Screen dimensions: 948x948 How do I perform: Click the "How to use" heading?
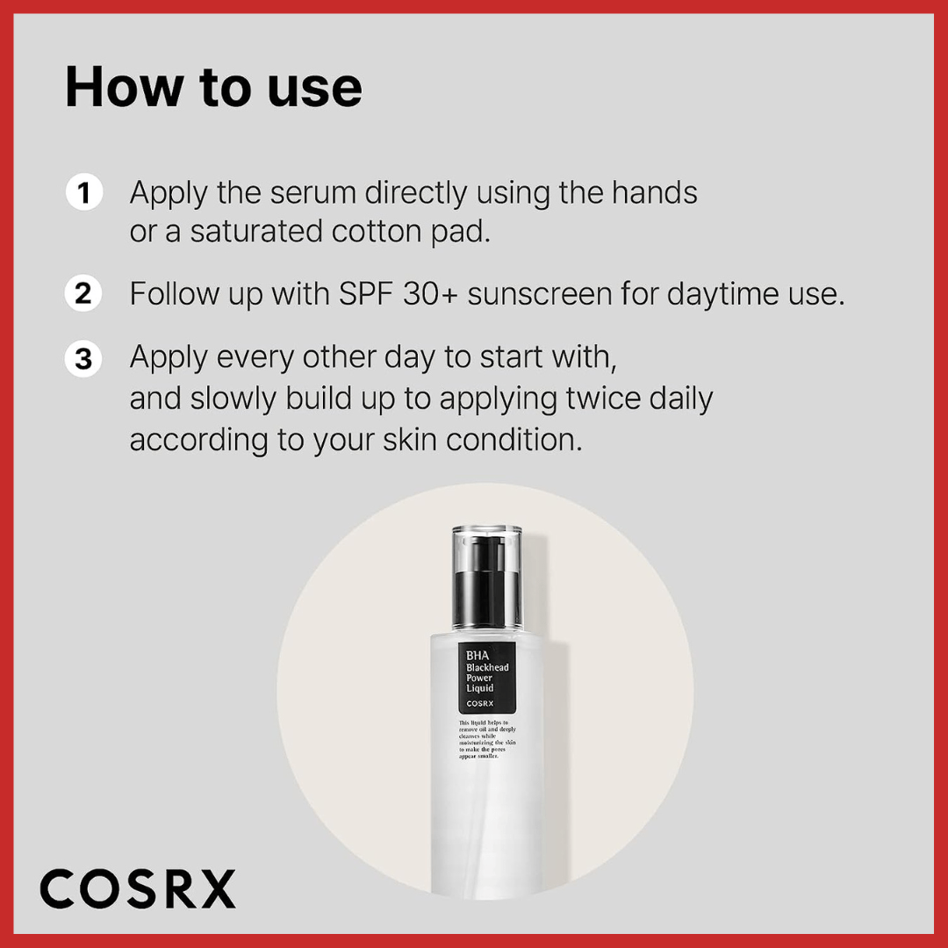pos(213,87)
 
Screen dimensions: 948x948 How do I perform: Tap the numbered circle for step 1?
pos(84,192)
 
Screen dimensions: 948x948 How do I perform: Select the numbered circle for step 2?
pos(84,293)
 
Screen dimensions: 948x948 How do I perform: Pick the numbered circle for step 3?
pos(84,359)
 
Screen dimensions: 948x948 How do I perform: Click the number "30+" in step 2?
pos(431,294)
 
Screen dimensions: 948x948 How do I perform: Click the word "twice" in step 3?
pos(598,399)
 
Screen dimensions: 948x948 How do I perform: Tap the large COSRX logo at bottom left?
pos(138,889)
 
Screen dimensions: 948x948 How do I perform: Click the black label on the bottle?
pos(487,677)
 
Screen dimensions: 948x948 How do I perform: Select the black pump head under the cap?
pos(487,593)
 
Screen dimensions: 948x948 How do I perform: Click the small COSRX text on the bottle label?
pos(478,703)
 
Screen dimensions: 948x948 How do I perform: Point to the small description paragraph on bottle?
pos(487,739)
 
